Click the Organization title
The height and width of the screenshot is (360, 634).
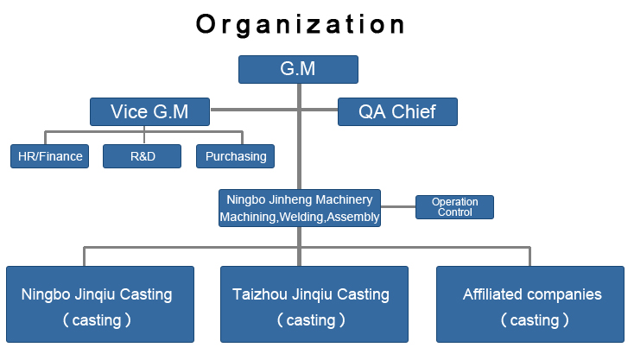tap(300, 25)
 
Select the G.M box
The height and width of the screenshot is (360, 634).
tap(298, 69)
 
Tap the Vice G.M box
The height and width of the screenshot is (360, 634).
tap(150, 111)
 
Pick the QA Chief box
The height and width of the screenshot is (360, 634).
tap(398, 111)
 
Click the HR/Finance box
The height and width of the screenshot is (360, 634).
tap(50, 156)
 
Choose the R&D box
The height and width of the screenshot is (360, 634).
tap(143, 156)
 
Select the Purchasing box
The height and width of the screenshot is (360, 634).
tap(235, 156)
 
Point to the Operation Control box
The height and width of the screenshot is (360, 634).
tap(455, 207)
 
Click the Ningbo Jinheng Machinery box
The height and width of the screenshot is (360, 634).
tap(300, 208)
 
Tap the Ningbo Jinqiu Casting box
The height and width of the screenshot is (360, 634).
tap(100, 304)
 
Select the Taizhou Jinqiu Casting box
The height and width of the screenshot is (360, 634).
tap(314, 304)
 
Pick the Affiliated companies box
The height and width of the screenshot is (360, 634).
tap(530, 304)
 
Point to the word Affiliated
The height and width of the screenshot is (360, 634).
tap(487, 294)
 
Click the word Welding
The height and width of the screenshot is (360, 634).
tap(301, 218)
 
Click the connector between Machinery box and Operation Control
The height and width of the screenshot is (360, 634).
tap(398, 207)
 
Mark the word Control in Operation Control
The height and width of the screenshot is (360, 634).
tap(455, 212)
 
